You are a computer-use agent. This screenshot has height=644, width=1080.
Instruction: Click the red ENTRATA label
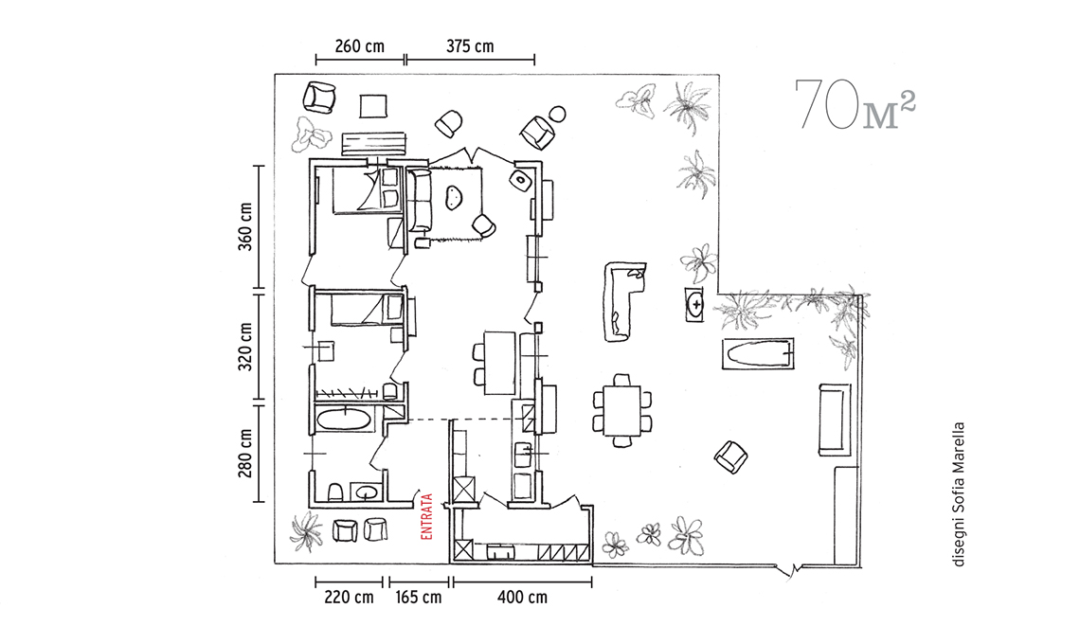click(x=426, y=516)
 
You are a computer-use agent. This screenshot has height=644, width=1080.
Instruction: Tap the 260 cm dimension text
click(x=360, y=46)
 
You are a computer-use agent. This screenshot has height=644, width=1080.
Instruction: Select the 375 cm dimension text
click(x=470, y=46)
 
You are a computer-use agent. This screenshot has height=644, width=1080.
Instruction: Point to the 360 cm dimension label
click(x=246, y=226)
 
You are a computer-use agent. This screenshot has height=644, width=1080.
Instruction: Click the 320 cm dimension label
click(x=246, y=347)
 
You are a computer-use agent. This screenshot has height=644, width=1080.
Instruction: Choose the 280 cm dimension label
click(x=246, y=454)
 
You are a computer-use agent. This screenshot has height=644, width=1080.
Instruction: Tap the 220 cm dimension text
click(x=350, y=598)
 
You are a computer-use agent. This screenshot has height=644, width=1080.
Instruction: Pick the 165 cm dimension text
click(x=418, y=598)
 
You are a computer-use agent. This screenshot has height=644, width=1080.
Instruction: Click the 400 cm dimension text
click(x=522, y=598)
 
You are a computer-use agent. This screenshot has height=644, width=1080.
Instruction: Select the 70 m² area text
click(x=855, y=104)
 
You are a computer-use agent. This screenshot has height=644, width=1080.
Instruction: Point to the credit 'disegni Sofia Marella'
click(x=958, y=493)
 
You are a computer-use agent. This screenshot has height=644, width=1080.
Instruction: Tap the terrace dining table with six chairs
click(x=622, y=410)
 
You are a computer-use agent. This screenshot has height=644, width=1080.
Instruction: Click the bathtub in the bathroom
click(x=342, y=420)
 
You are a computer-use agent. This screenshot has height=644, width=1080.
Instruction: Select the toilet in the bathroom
click(x=335, y=492)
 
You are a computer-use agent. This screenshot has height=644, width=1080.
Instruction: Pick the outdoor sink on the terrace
click(x=694, y=304)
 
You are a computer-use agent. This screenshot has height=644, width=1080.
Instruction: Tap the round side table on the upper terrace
click(x=558, y=114)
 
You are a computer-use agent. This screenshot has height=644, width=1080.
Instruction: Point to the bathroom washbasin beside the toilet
click(x=367, y=492)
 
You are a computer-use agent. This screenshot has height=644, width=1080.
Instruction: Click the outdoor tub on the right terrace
click(x=758, y=354)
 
